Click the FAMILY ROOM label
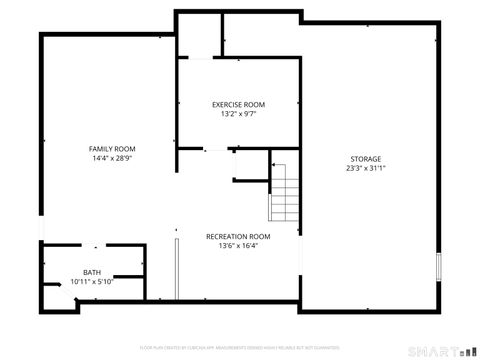[x=112, y=148]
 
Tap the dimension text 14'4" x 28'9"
[x=112, y=158]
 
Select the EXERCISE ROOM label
[x=238, y=104]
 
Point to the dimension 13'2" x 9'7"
[x=238, y=114]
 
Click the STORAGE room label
[x=365, y=159]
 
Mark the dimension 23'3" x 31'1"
[x=365, y=168]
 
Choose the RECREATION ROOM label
[x=238, y=236]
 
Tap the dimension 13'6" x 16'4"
[x=238, y=246]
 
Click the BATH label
[x=92, y=272]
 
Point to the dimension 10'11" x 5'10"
[x=92, y=282]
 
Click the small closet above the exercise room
[x=199, y=36]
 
